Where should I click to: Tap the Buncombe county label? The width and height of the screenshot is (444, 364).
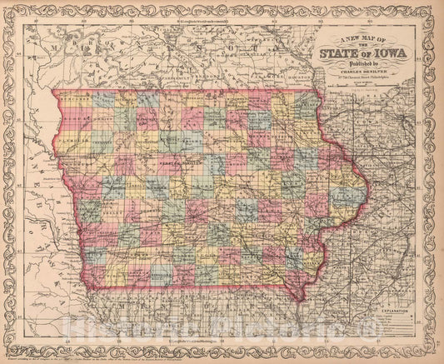pos(75,100)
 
